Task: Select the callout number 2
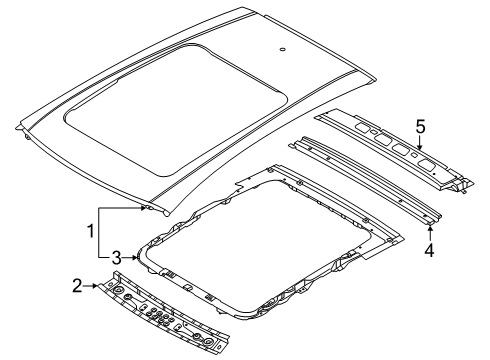pos(104,287)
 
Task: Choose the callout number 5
pos(421,127)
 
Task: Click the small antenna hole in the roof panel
pos(283,49)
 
